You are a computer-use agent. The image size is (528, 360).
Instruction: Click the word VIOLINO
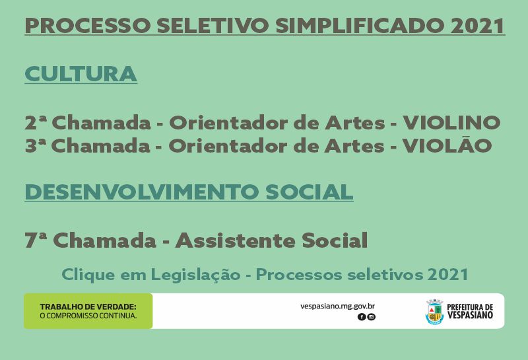(452, 122)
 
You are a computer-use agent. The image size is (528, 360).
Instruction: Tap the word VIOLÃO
(447, 145)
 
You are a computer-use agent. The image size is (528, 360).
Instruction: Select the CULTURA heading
(81, 74)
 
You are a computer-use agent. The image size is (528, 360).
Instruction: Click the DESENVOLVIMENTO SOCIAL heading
(189, 192)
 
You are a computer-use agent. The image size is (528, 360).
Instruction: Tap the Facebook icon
(362, 317)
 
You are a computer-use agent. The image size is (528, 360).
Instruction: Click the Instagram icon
(371, 317)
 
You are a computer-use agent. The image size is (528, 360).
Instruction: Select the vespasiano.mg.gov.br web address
(337, 306)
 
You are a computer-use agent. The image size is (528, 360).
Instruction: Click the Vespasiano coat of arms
(434, 312)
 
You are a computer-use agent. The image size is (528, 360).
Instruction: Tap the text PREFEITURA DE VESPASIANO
(470, 311)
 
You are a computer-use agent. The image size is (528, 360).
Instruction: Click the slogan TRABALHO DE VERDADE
(88, 306)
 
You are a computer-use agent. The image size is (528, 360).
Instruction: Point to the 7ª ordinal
(36, 240)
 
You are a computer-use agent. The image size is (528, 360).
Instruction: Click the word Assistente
(235, 240)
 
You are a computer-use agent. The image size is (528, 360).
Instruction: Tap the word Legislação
(195, 275)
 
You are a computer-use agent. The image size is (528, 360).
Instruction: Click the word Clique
(88, 275)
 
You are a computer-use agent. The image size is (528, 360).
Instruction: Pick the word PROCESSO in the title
(88, 26)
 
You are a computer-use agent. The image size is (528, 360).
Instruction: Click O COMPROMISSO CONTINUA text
(88, 316)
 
